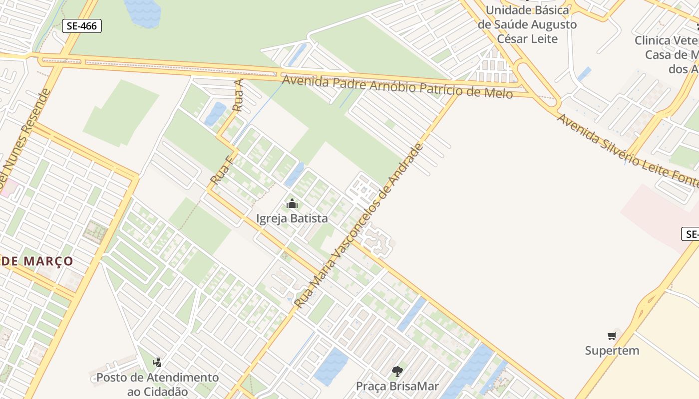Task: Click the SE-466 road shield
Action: coord(82,26)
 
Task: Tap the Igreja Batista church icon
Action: coord(292,204)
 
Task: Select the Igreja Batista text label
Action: coord(292,218)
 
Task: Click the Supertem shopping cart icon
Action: coord(612,336)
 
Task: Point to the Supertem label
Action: coord(612,351)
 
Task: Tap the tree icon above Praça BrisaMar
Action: coord(397,371)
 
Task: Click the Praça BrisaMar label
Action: coord(397,386)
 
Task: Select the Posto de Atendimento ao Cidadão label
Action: coord(157,385)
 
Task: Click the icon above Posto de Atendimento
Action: coord(157,362)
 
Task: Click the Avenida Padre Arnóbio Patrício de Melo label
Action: coord(397,86)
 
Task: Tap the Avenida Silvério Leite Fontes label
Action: coord(627,152)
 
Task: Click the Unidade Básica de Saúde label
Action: coord(527,24)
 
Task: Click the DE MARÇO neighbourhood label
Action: coord(37,261)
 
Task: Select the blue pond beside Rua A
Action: coord(215,114)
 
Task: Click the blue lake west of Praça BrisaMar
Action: coord(331,367)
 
